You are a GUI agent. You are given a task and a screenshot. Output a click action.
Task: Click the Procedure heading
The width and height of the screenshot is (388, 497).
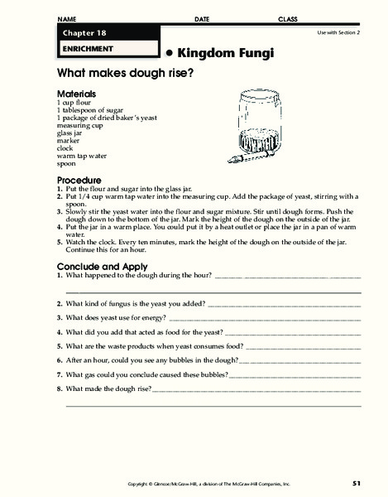tap(79, 180)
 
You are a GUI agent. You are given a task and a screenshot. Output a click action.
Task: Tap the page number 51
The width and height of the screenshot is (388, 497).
tap(355, 482)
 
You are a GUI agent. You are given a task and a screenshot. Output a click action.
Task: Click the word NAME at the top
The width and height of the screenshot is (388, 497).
tap(67, 18)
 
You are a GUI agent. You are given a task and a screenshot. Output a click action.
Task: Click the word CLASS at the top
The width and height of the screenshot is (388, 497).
tap(287, 18)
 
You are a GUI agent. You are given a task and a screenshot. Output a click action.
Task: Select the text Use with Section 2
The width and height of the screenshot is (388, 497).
tap(339, 32)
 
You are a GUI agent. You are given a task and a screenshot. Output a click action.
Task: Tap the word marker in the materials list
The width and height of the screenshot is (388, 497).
tap(67, 140)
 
